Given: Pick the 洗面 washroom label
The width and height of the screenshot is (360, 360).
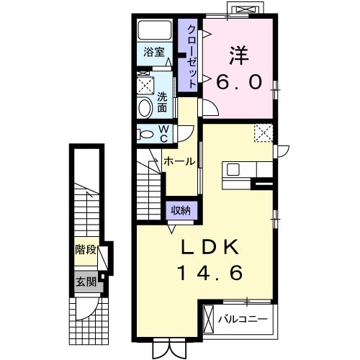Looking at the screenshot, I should click(x=163, y=102).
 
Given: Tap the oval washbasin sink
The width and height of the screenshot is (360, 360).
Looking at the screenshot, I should click(x=145, y=108).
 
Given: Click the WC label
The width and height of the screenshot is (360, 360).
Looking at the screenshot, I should click(x=163, y=133).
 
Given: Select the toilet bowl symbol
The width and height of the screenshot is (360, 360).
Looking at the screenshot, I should click(x=146, y=134).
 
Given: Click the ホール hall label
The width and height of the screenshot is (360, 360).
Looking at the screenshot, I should click(x=179, y=162).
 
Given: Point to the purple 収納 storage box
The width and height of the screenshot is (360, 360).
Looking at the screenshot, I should click(x=181, y=211).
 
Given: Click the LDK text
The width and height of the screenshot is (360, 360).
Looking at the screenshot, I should click(x=209, y=247).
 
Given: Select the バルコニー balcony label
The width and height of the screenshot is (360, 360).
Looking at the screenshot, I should click(x=243, y=318).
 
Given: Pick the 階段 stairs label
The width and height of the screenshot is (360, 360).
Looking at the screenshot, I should click(x=86, y=251).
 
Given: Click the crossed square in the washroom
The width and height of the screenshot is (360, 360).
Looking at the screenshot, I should click(x=145, y=85).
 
